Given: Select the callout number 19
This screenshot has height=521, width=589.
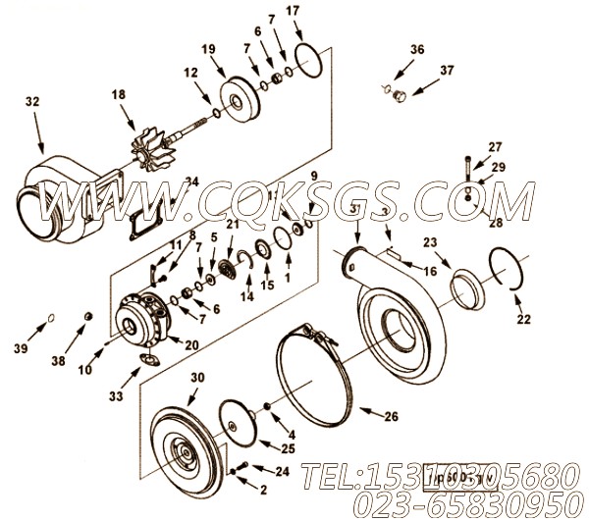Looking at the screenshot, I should [208, 49].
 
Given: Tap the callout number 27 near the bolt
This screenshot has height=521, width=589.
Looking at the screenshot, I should [494, 147].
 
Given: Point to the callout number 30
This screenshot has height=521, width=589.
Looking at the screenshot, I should [196, 378].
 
